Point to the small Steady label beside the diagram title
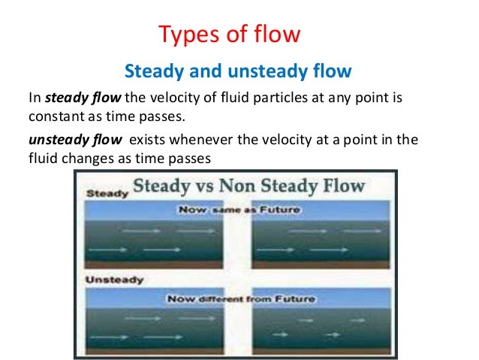click(x=104, y=193)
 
